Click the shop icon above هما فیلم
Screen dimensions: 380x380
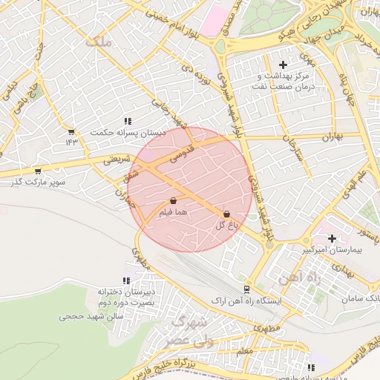click(173, 200)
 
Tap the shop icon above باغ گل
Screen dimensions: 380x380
click(226, 214)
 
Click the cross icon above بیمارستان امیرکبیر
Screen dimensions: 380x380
click(332, 238)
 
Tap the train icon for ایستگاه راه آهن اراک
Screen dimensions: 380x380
click(246, 289)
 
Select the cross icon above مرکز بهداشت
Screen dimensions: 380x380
click(283, 65)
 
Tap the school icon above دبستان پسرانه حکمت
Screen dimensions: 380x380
click(128, 120)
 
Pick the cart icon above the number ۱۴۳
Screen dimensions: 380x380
click(71, 131)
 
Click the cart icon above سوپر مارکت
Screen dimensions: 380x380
click(38, 171)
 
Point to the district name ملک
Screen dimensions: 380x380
click(99, 42)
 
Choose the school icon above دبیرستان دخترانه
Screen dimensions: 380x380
click(125, 281)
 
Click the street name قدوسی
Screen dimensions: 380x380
click(183, 154)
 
